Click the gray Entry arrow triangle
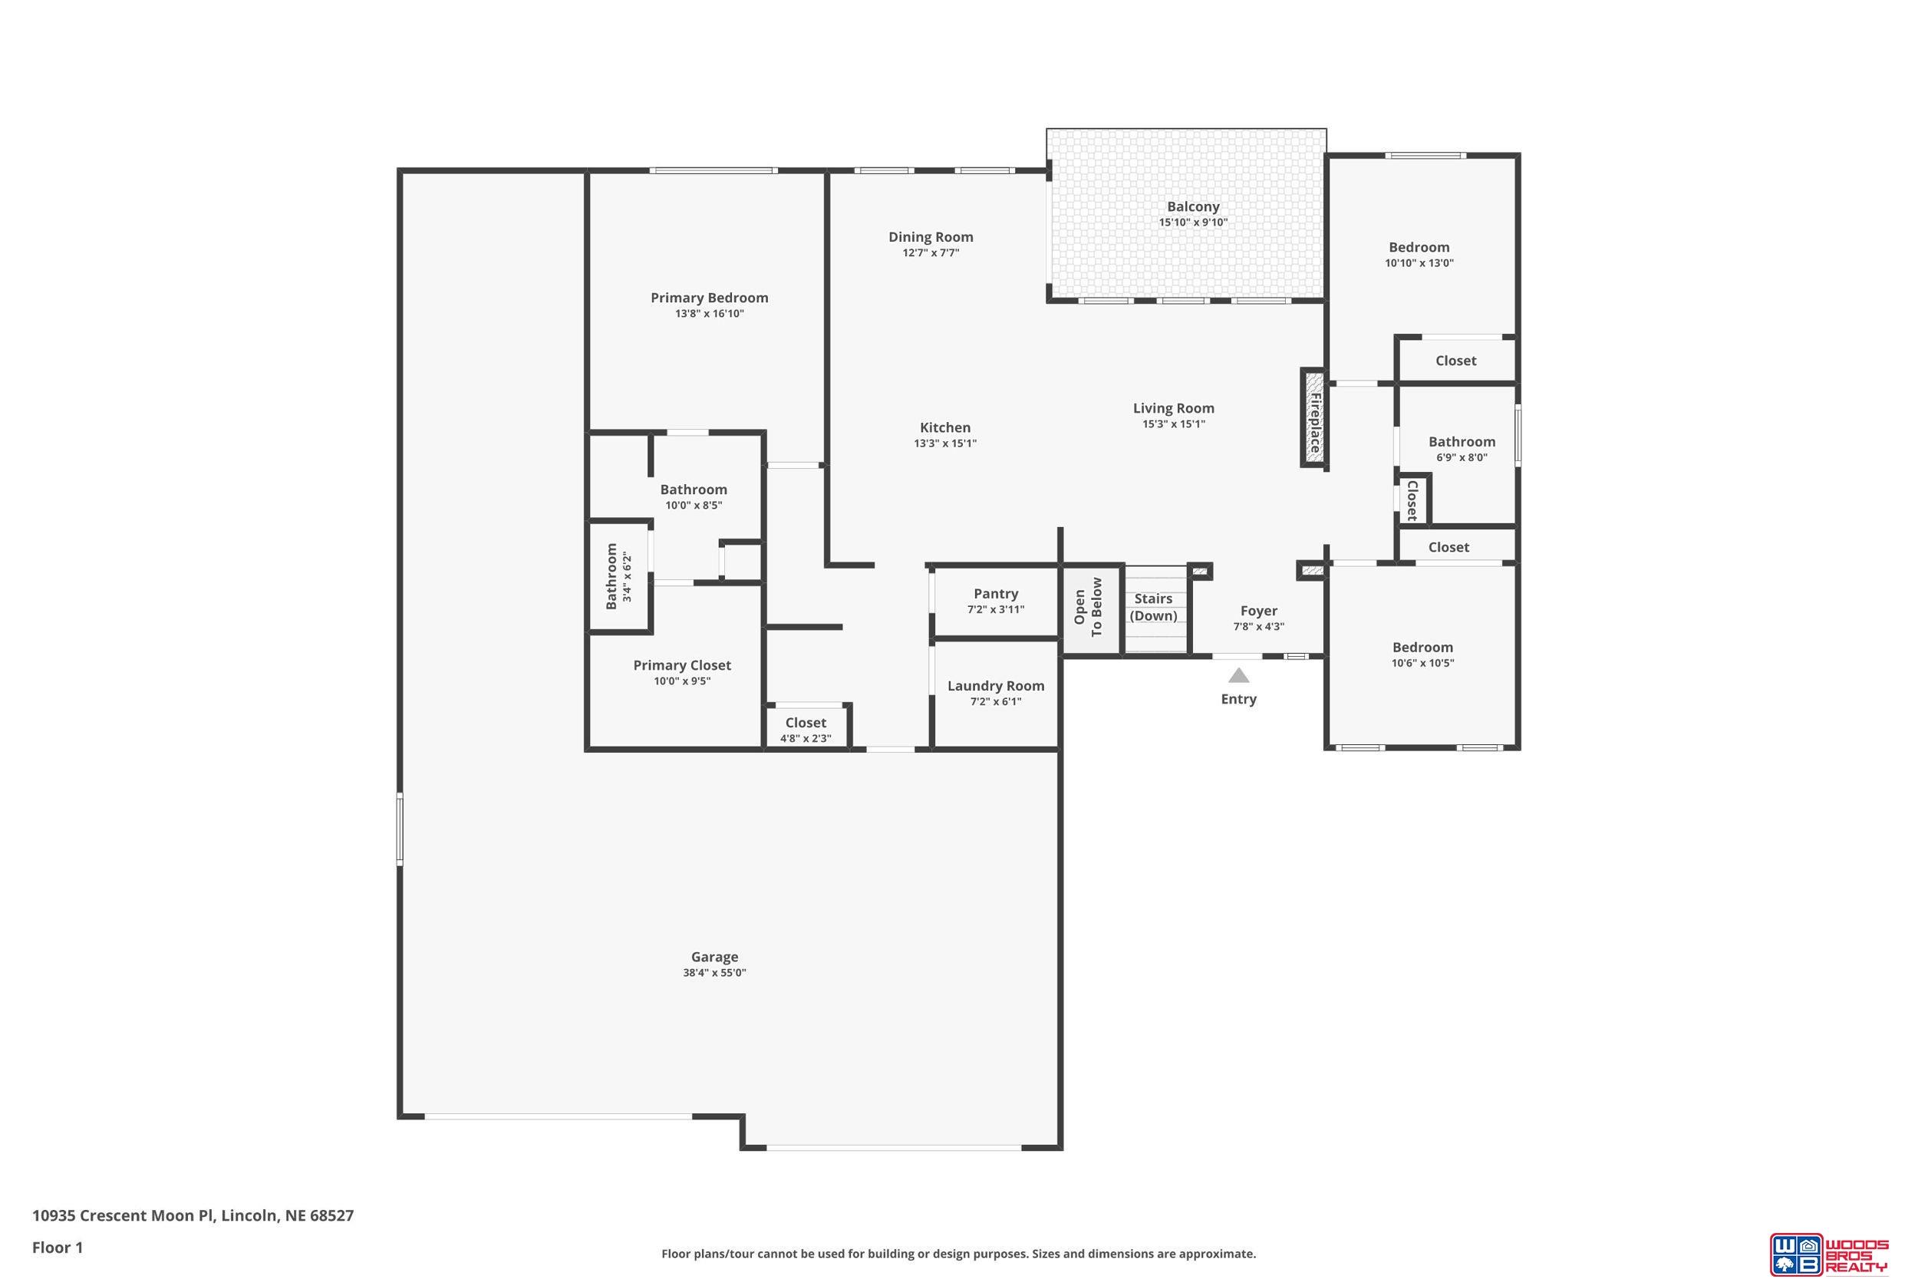coord(1239,675)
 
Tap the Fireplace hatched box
coord(1313,417)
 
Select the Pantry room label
coord(996,594)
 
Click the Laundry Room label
coord(996,686)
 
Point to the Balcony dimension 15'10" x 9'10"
coord(1193,223)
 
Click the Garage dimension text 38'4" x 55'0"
coord(714,973)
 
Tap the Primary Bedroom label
coord(710,298)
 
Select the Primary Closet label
coord(682,666)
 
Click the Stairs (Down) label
coord(1153,607)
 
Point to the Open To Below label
coord(1088,607)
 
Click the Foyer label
coord(1258,611)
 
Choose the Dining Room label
coord(931,237)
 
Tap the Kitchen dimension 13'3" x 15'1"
coord(945,443)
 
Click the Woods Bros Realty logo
coord(1828,1253)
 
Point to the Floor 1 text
coord(58,1248)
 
